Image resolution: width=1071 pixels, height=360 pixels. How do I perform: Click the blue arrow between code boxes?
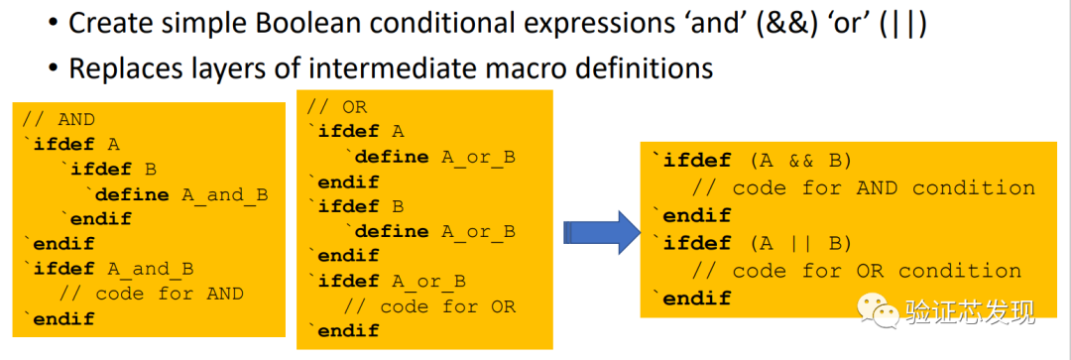coord(599,232)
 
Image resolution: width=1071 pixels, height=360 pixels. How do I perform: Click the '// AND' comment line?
coord(59,119)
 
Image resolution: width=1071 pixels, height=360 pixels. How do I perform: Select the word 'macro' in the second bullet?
coord(522,68)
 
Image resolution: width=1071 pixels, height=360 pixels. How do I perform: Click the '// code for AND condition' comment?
coord(863,188)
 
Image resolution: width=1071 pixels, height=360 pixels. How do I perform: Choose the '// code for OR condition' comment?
coord(856,271)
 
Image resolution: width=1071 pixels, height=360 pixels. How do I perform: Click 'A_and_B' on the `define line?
coord(225,194)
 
